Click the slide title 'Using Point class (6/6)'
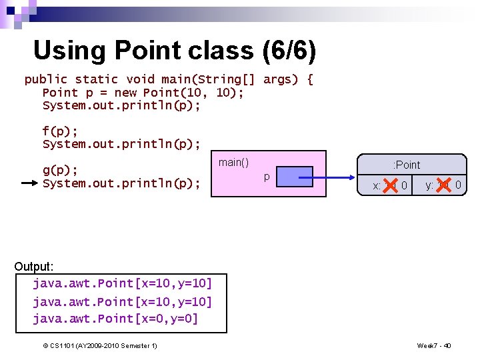click(174, 51)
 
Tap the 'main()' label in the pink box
click(233, 163)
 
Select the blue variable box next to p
click(294, 176)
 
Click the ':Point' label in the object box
click(407, 165)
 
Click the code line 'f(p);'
click(59, 131)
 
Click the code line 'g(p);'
click(60, 170)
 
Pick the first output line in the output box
click(122, 283)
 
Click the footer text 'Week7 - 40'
click(434, 345)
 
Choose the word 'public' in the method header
click(46, 79)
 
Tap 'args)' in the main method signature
click(281, 79)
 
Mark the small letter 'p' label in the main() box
click(266, 177)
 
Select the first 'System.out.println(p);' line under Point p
click(121, 105)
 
